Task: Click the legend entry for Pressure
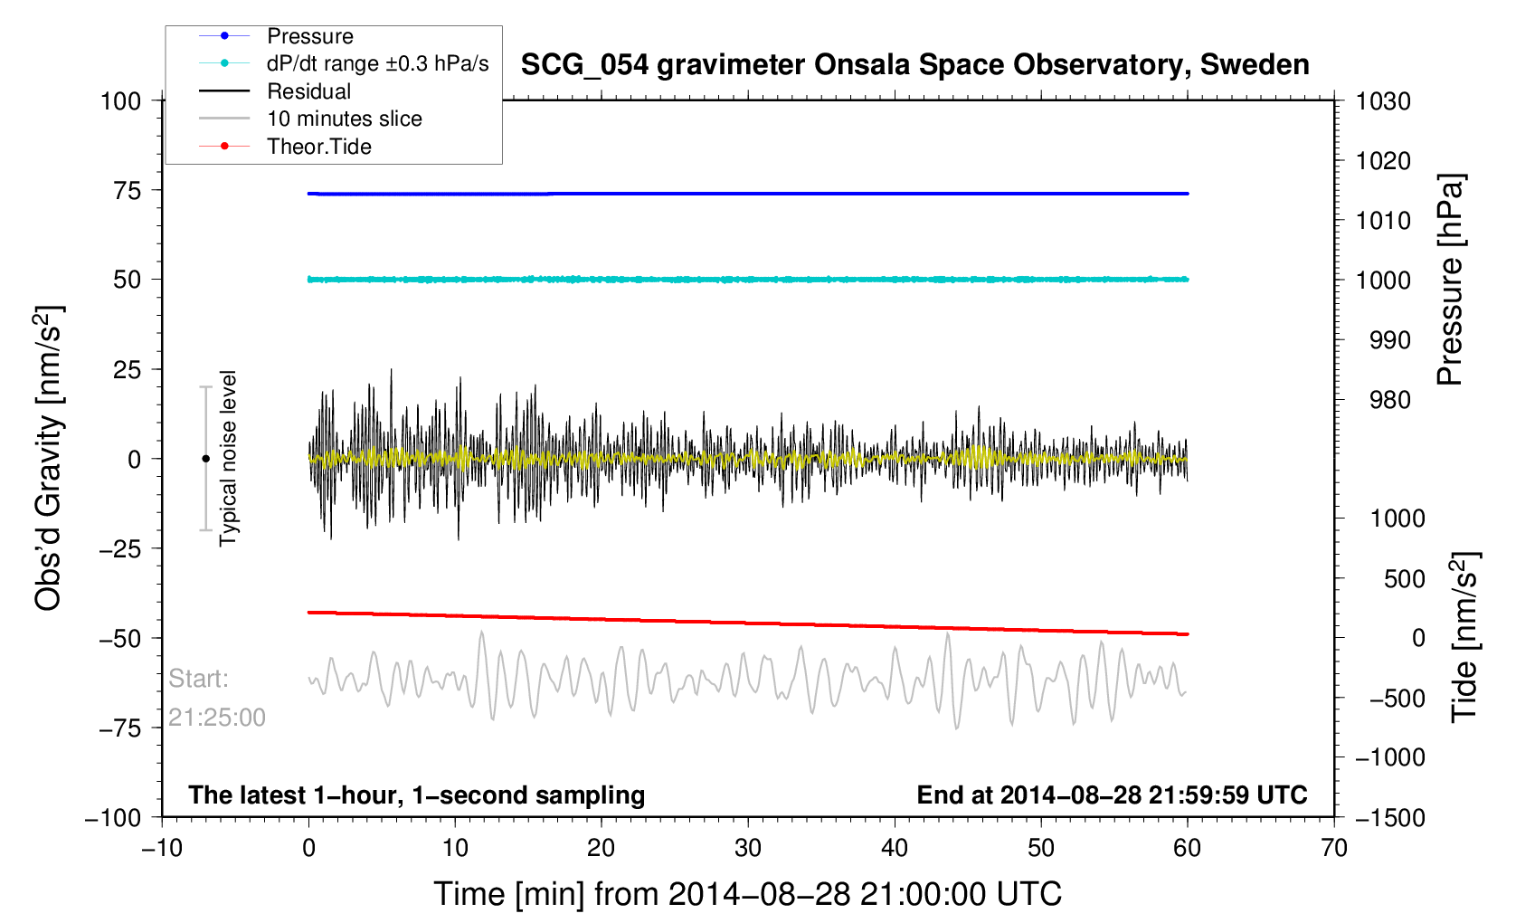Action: pos(309,36)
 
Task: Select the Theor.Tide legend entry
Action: pos(318,147)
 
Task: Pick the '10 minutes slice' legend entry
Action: pos(344,119)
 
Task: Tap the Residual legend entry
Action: pos(308,91)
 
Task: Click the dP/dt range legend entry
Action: pos(377,63)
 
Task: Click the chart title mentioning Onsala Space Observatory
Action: pos(914,65)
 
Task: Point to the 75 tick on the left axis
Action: pos(128,190)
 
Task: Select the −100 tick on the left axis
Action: pos(113,817)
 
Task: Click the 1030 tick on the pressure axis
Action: pos(1383,101)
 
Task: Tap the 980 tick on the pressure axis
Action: pos(1383,399)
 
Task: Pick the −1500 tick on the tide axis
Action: pos(1389,817)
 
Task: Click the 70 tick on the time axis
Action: pos(1334,848)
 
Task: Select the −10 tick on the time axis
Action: pos(162,848)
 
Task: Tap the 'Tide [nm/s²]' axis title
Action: pos(1464,637)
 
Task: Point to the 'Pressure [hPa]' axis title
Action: pos(1450,280)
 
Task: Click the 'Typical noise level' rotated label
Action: pos(228,458)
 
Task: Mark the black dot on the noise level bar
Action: pos(205,459)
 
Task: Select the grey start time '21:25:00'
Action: pos(217,718)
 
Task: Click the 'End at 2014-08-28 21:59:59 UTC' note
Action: pos(1112,795)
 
